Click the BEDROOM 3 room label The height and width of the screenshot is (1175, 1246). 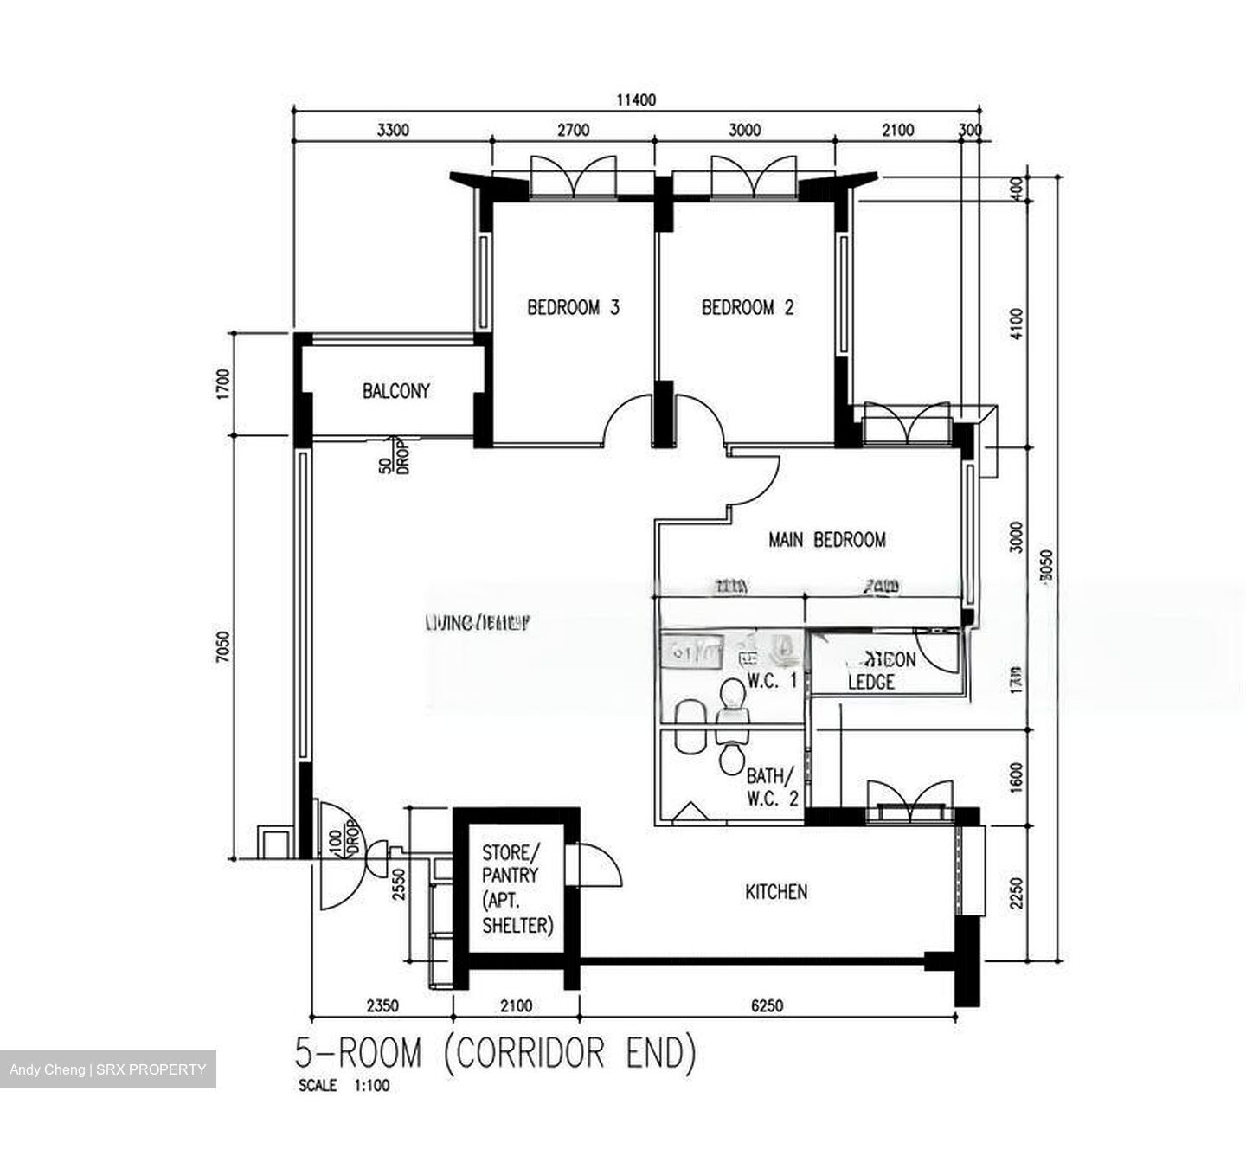coord(573,307)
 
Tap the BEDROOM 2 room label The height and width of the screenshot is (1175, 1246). coord(748,307)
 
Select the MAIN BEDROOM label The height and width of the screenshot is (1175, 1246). coord(826,540)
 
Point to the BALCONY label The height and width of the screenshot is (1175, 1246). coord(395,391)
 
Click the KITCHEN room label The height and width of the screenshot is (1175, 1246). coord(776,891)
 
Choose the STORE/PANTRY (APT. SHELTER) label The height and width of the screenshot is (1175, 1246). coord(517,889)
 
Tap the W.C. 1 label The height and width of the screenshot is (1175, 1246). coord(772,681)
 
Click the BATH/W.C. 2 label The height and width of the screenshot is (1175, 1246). coord(772,786)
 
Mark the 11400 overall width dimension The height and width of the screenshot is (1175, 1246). coord(636,100)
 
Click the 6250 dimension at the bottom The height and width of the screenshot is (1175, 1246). coord(767,1005)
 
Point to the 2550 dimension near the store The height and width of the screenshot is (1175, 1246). coord(398,884)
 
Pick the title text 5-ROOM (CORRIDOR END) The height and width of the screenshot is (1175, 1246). coord(495,1054)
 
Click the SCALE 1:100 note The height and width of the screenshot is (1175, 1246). coord(344,1086)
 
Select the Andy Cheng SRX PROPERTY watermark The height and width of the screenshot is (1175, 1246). coord(108,1069)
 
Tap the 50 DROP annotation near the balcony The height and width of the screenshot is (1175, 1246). coord(392,456)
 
